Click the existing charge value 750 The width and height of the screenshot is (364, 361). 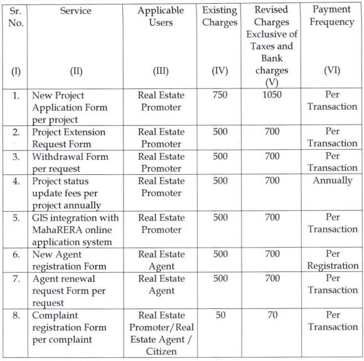(220, 95)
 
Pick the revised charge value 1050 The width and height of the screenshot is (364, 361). (271, 95)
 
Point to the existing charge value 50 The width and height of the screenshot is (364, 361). (220, 315)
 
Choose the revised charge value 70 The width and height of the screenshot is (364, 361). (271, 315)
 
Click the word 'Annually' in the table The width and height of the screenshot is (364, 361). (332, 181)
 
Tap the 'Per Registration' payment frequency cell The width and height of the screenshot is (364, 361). (332, 259)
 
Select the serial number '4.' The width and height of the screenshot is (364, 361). (16, 181)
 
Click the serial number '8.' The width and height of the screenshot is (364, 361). (16, 315)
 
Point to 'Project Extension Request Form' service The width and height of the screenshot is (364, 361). (69, 138)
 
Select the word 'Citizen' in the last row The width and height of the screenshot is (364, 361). (160, 352)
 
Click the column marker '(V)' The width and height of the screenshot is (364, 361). (271, 82)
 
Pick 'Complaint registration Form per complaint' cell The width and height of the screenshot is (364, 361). (69, 327)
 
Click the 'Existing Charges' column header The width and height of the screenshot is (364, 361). (220, 17)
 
